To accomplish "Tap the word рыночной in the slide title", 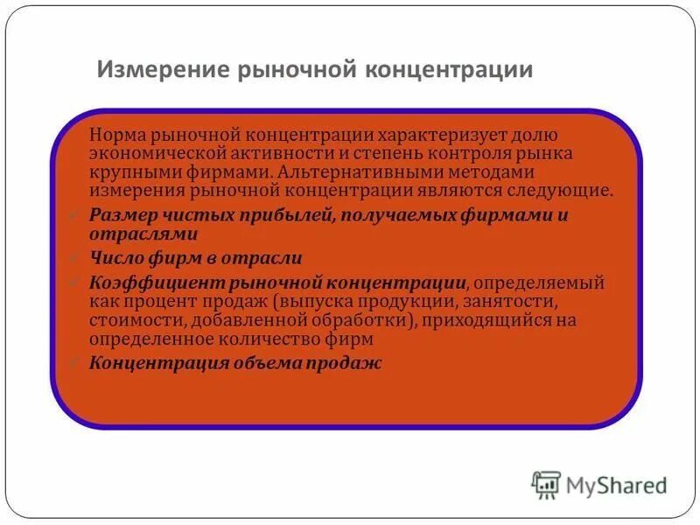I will [282, 69].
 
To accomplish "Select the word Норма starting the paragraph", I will [116, 136].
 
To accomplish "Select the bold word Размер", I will [118, 214].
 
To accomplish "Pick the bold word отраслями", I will [143, 234].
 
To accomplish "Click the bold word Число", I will [114, 258].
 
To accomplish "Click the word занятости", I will [511, 301].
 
